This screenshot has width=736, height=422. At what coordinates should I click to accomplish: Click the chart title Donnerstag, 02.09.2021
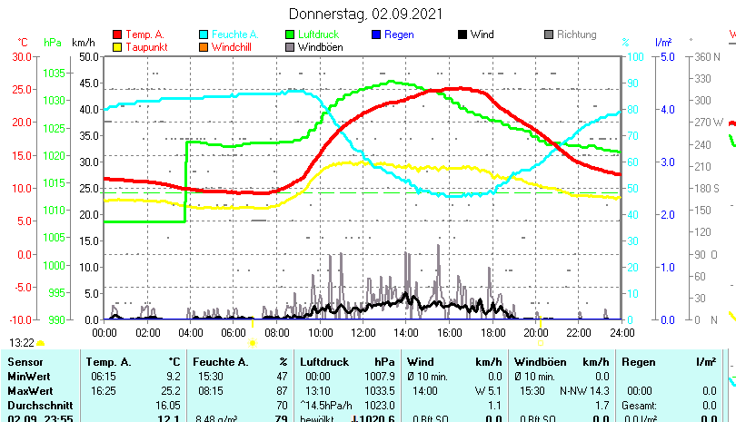[x=366, y=14]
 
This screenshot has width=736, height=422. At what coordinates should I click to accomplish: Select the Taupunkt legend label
[x=144, y=47]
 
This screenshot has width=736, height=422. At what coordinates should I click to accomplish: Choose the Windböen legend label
[x=321, y=47]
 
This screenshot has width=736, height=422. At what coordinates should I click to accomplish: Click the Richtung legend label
[x=576, y=34]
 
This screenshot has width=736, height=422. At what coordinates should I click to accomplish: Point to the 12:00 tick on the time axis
[x=363, y=332]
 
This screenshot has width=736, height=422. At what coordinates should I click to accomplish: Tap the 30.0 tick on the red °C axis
[x=20, y=56]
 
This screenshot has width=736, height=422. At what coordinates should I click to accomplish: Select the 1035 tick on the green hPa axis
[x=54, y=73]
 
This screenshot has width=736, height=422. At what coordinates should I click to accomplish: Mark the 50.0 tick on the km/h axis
[x=88, y=56]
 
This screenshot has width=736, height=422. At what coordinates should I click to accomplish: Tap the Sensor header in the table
[x=25, y=361]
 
